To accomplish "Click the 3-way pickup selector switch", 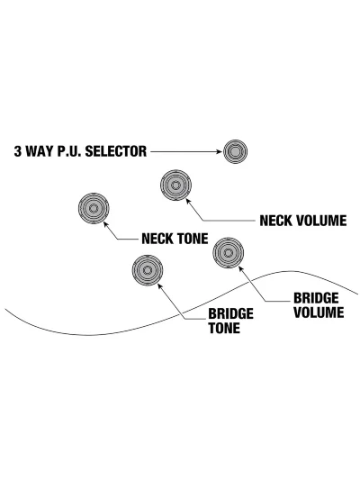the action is coord(235,151).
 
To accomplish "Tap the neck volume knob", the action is coord(175,186).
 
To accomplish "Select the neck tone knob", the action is coord(94,208).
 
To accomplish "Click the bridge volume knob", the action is coord(229,253).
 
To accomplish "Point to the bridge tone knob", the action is coord(148,270).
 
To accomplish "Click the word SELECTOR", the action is coord(116,151).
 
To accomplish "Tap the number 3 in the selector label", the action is coord(18,151).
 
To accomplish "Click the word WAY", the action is coord(40,151).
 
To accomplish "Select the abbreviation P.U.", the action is coord(69,151).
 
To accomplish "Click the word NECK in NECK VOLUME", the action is coord(276,221).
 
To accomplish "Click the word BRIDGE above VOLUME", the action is coord(316,298).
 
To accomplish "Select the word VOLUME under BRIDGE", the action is coord(319,312).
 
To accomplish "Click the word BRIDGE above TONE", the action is coord(231,313).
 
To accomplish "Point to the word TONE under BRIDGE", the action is coord(224,328).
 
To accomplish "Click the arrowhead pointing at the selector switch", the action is coord(219,151).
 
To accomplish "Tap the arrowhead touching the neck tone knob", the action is coord(106,224).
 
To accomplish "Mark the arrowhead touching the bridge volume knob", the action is coord(241,269).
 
